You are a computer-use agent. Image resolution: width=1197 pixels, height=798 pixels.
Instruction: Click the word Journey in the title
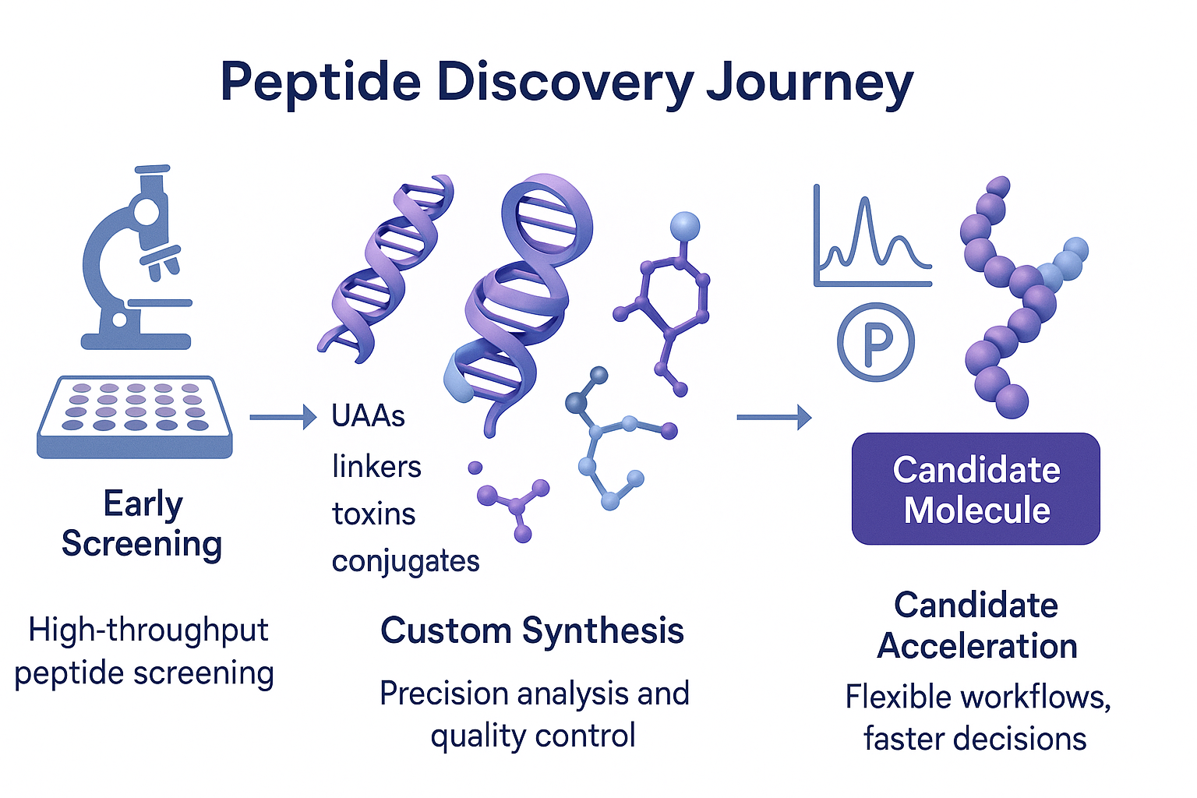click(810, 83)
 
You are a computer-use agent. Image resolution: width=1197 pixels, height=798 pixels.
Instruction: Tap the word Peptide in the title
click(320, 83)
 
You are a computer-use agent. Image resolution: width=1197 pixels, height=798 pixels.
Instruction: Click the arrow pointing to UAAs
click(282, 418)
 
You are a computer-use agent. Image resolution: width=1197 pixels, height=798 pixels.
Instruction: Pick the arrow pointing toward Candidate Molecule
click(773, 418)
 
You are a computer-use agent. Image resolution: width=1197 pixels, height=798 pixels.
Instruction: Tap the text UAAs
click(368, 416)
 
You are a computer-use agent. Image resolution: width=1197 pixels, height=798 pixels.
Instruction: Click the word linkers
click(376, 467)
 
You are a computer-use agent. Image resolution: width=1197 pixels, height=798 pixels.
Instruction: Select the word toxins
click(373, 514)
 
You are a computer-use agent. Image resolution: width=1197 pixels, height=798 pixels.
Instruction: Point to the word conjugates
click(405, 562)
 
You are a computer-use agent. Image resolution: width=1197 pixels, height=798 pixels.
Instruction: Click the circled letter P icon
click(875, 342)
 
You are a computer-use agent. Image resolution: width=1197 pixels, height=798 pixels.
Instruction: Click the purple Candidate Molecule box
click(976, 489)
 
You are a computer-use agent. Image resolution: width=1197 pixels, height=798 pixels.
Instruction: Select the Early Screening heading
click(142, 524)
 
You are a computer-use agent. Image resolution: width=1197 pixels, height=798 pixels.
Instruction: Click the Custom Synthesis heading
click(532, 630)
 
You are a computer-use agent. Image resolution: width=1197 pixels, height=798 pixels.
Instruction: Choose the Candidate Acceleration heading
click(976, 626)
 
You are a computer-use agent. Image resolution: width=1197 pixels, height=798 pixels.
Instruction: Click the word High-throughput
click(148, 630)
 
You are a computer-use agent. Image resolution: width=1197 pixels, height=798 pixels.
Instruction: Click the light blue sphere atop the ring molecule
click(684, 226)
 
